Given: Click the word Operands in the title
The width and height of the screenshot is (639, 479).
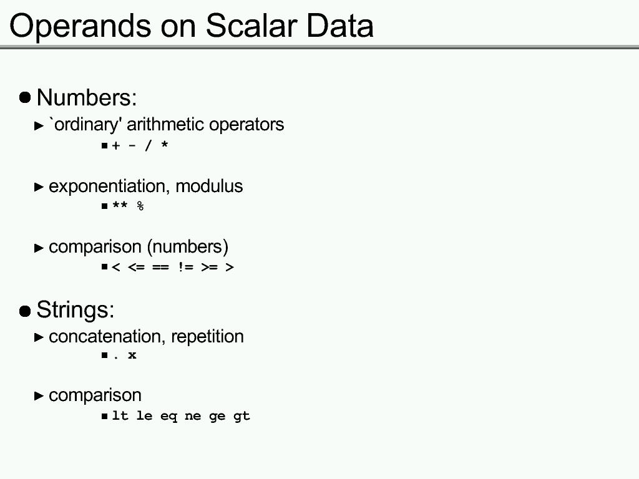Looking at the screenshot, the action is click(x=80, y=26).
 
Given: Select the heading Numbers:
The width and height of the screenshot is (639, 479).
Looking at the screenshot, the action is click(x=87, y=97).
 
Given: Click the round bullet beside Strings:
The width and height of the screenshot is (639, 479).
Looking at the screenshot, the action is click(x=25, y=311).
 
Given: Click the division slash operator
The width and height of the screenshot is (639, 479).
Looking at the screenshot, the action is click(x=148, y=145).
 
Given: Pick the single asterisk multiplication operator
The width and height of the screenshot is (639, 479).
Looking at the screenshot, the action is click(x=165, y=145).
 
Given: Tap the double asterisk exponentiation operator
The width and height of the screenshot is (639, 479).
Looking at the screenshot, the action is click(x=120, y=205).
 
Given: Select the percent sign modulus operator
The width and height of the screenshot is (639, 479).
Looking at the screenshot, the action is click(x=140, y=206).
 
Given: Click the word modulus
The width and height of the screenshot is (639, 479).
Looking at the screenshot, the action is click(x=209, y=186).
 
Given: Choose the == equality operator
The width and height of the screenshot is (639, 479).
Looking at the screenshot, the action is click(x=160, y=267).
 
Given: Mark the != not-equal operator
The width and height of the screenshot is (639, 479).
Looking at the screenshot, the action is click(x=185, y=267).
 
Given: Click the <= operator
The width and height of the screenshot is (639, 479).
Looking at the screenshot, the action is click(x=136, y=267).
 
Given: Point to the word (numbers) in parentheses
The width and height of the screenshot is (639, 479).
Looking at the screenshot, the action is click(x=187, y=247).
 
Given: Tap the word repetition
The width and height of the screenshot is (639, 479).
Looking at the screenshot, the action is click(x=207, y=337).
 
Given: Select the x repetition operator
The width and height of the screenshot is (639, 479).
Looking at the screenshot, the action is click(x=132, y=355).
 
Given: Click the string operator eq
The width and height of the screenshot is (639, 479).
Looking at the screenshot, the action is click(x=168, y=416).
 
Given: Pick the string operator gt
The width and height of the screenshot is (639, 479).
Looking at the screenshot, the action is click(x=241, y=416).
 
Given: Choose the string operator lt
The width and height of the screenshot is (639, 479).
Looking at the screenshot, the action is click(x=120, y=415).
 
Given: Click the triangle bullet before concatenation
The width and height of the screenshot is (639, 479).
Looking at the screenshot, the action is click(x=39, y=337).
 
